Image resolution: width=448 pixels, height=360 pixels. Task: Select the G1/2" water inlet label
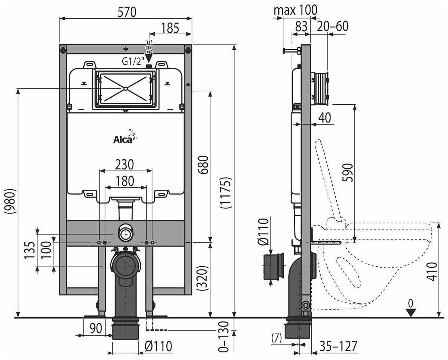tap(133, 62)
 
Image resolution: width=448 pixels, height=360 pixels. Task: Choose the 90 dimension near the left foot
tap(95, 328)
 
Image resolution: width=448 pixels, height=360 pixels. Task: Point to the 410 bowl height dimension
tap(434, 271)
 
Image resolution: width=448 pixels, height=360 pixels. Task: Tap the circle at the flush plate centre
tap(125, 88)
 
